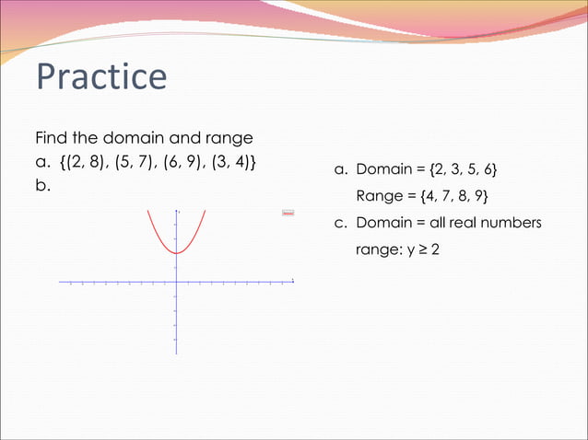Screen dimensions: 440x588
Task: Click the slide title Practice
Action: click(101, 77)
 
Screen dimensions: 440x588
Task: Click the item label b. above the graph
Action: click(42, 185)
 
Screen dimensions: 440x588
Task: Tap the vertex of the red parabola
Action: click(175, 252)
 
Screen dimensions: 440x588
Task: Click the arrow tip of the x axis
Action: click(292, 281)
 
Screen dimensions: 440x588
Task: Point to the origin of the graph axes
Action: click(175, 281)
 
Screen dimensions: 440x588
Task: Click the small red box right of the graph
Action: click(288, 213)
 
